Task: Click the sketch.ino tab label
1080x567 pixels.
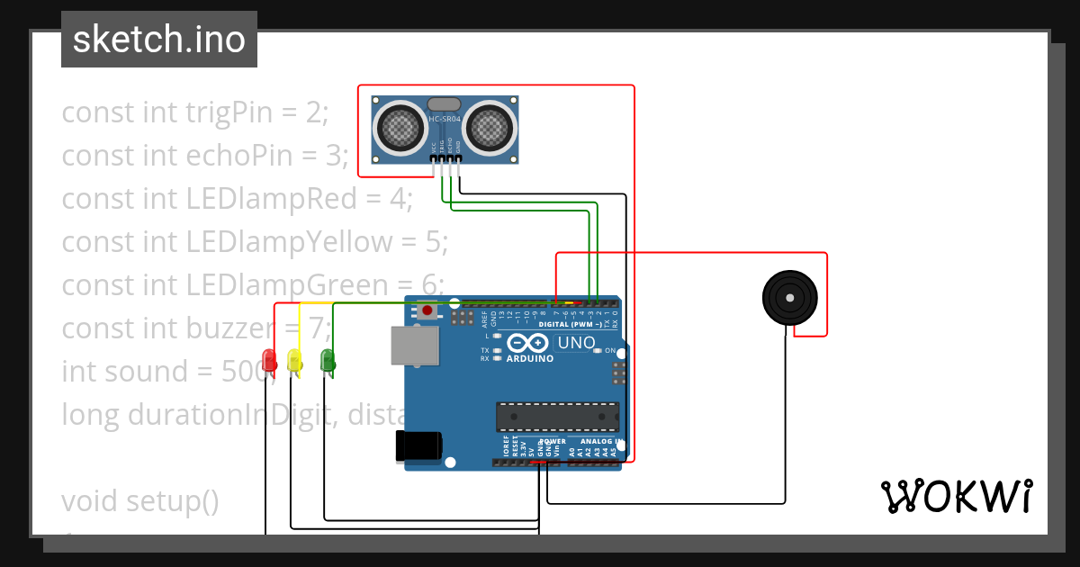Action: tap(159, 40)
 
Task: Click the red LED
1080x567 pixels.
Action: tap(268, 360)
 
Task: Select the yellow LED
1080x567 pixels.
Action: tap(293, 360)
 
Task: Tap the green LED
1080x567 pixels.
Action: tap(328, 360)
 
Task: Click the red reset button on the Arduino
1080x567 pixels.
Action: tap(427, 310)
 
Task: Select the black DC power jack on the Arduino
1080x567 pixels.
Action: tap(419, 446)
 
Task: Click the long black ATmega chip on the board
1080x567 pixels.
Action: tap(557, 417)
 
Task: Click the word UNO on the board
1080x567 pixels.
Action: tap(576, 343)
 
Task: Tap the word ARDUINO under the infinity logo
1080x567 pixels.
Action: tap(530, 358)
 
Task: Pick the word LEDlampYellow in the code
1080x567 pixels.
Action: tap(290, 242)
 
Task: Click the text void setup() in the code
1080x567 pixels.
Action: tap(140, 500)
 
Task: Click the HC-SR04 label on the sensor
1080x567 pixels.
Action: tap(445, 119)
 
